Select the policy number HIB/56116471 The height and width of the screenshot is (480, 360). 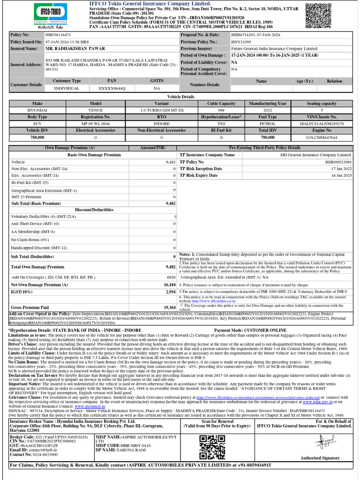coord(58,35)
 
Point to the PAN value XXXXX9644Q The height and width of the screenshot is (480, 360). coord(112,88)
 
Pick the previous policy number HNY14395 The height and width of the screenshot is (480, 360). coord(241,42)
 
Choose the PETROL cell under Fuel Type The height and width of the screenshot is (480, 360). coord(268,124)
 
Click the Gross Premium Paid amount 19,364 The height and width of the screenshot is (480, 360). coord(169,307)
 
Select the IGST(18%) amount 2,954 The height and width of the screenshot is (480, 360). coord(170,292)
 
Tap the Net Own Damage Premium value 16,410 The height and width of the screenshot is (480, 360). coord(169,285)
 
